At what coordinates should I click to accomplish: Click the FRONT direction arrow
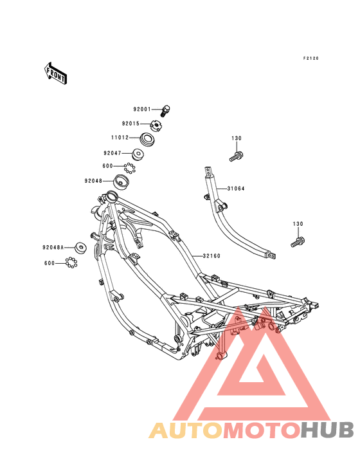tap(55, 73)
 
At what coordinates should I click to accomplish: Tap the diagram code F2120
tap(310, 59)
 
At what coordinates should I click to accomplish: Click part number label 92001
tap(142, 109)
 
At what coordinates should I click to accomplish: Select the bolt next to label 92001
tap(165, 111)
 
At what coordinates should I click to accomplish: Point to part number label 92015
tap(130, 124)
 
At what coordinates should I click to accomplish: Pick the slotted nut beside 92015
tap(156, 125)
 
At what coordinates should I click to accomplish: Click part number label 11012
tap(120, 137)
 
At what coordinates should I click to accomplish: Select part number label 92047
tap(113, 153)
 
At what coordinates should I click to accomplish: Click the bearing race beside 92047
tap(138, 154)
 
